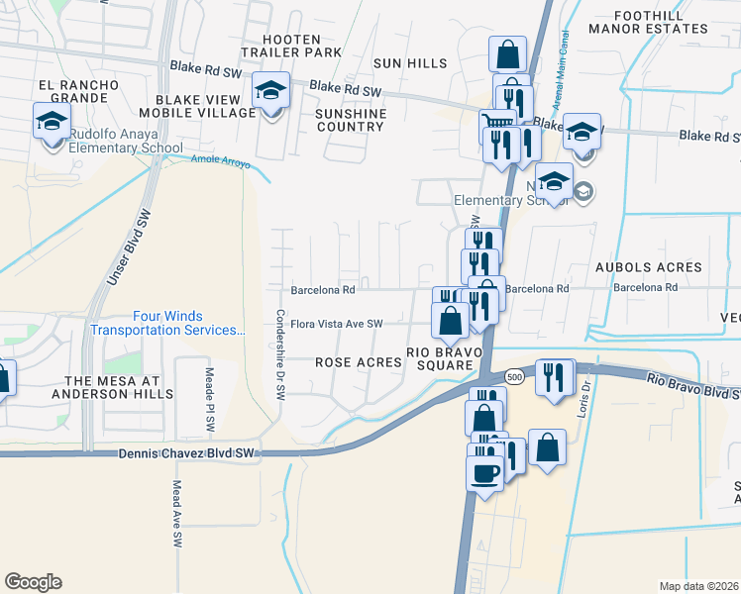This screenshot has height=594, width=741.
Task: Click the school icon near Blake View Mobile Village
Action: tap(269, 90)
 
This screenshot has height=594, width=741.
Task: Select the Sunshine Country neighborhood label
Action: tap(349, 120)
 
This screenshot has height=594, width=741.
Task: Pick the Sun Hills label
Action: tap(410, 63)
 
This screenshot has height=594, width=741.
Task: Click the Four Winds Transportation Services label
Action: tap(166, 324)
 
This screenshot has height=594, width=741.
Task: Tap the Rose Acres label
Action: tap(359, 362)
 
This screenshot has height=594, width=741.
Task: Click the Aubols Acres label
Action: tap(648, 267)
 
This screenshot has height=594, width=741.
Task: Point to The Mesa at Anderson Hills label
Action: tap(118, 387)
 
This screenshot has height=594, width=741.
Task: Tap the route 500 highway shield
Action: tap(513, 377)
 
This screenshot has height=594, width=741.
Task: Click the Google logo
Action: tap(33, 582)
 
